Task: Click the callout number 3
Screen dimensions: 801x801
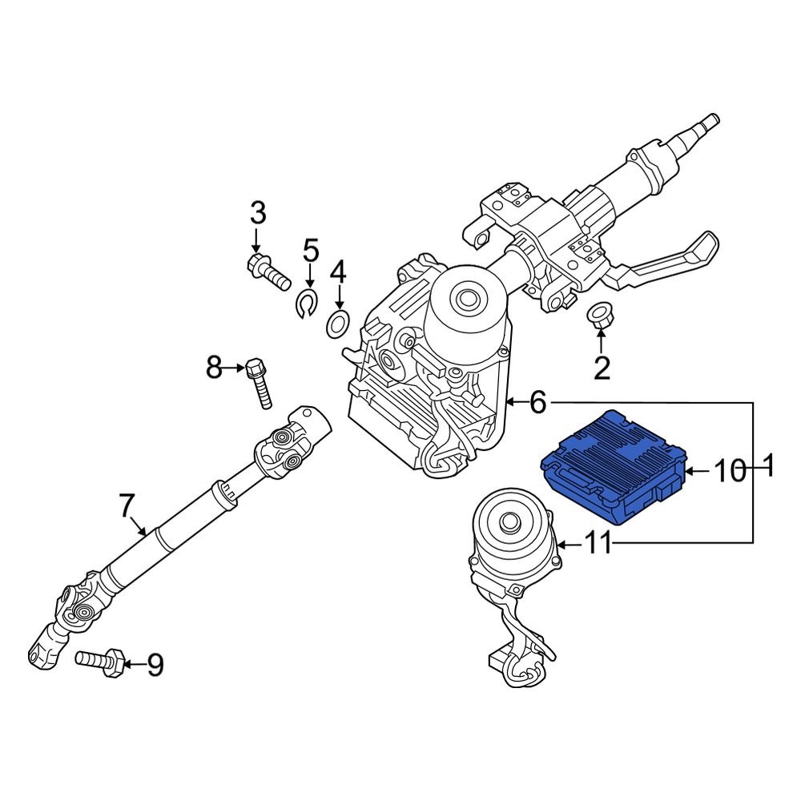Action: pos(257,214)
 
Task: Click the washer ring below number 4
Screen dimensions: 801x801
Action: pos(339,324)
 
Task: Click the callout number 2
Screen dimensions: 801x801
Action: pos(601,368)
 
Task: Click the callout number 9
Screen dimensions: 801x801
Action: pos(154,664)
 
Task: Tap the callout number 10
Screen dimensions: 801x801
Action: pos(729,472)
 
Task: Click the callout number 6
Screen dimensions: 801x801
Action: pos(537,402)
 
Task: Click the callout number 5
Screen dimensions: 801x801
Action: pos(310,250)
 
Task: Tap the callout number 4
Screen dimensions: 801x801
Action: pos(339,272)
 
